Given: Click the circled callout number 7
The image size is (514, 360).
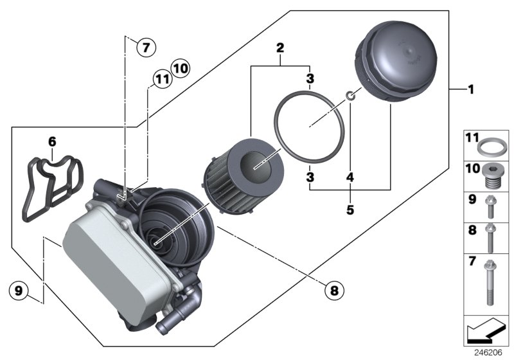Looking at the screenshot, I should click(146, 47).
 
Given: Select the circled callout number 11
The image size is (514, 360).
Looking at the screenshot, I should click(161, 80).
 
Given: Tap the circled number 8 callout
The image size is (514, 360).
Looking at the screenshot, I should click(333, 291).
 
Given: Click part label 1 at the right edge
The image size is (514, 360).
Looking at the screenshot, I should click(471, 89).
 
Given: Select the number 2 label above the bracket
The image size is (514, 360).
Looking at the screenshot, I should click(280, 48).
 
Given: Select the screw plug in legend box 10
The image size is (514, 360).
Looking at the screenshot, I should click(492, 175).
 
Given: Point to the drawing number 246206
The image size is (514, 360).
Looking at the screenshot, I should click(489, 353).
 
